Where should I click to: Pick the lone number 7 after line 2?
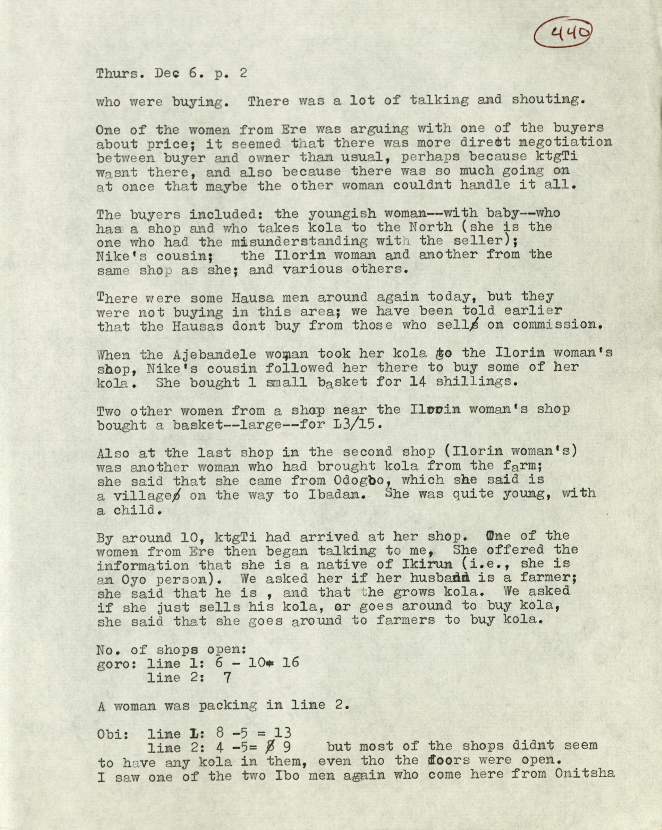pos(227,678)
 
